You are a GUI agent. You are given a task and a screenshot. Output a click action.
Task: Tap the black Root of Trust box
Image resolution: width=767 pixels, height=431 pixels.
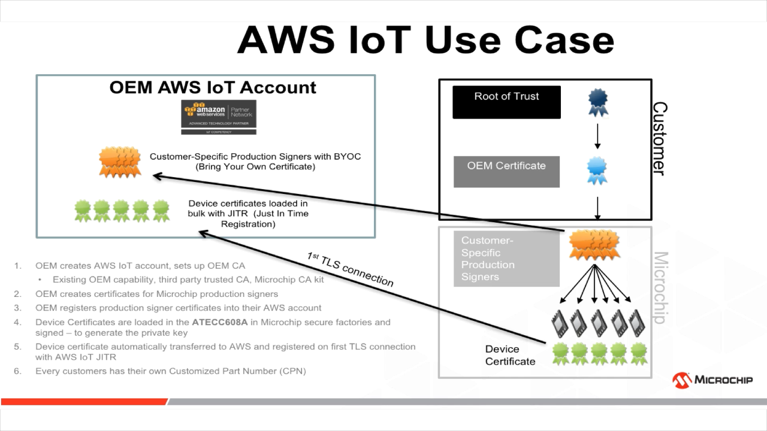[506, 102]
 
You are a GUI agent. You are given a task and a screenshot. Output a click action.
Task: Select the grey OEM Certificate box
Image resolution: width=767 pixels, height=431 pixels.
[506, 171]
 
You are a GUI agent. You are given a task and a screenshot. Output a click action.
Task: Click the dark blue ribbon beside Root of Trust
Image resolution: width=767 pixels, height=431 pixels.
[597, 102]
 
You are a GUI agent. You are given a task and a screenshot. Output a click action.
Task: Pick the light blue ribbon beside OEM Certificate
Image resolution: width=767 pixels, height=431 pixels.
[597, 171]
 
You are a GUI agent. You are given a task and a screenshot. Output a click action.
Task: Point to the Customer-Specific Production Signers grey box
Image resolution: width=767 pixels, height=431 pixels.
[506, 259]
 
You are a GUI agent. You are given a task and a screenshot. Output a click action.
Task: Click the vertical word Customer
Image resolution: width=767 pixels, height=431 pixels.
[659, 138]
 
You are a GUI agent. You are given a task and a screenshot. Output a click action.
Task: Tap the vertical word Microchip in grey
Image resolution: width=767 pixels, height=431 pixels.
[659, 287]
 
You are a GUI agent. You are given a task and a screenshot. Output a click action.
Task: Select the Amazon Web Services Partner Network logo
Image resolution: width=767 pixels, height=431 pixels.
[219, 117]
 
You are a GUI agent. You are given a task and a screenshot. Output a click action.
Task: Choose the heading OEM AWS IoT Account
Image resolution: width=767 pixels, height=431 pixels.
[213, 87]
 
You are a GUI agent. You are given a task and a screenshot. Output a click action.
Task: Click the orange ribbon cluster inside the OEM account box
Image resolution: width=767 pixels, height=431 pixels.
[120, 162]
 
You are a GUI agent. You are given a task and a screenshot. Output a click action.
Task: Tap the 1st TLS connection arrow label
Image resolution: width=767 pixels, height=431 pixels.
[351, 269]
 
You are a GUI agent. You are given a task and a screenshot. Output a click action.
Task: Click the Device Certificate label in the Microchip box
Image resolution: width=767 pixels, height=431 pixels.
[510, 355]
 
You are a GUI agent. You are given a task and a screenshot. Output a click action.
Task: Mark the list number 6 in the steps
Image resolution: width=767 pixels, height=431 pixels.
[18, 371]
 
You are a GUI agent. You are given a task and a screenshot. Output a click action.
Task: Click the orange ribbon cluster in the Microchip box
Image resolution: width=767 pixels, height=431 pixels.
[594, 246]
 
